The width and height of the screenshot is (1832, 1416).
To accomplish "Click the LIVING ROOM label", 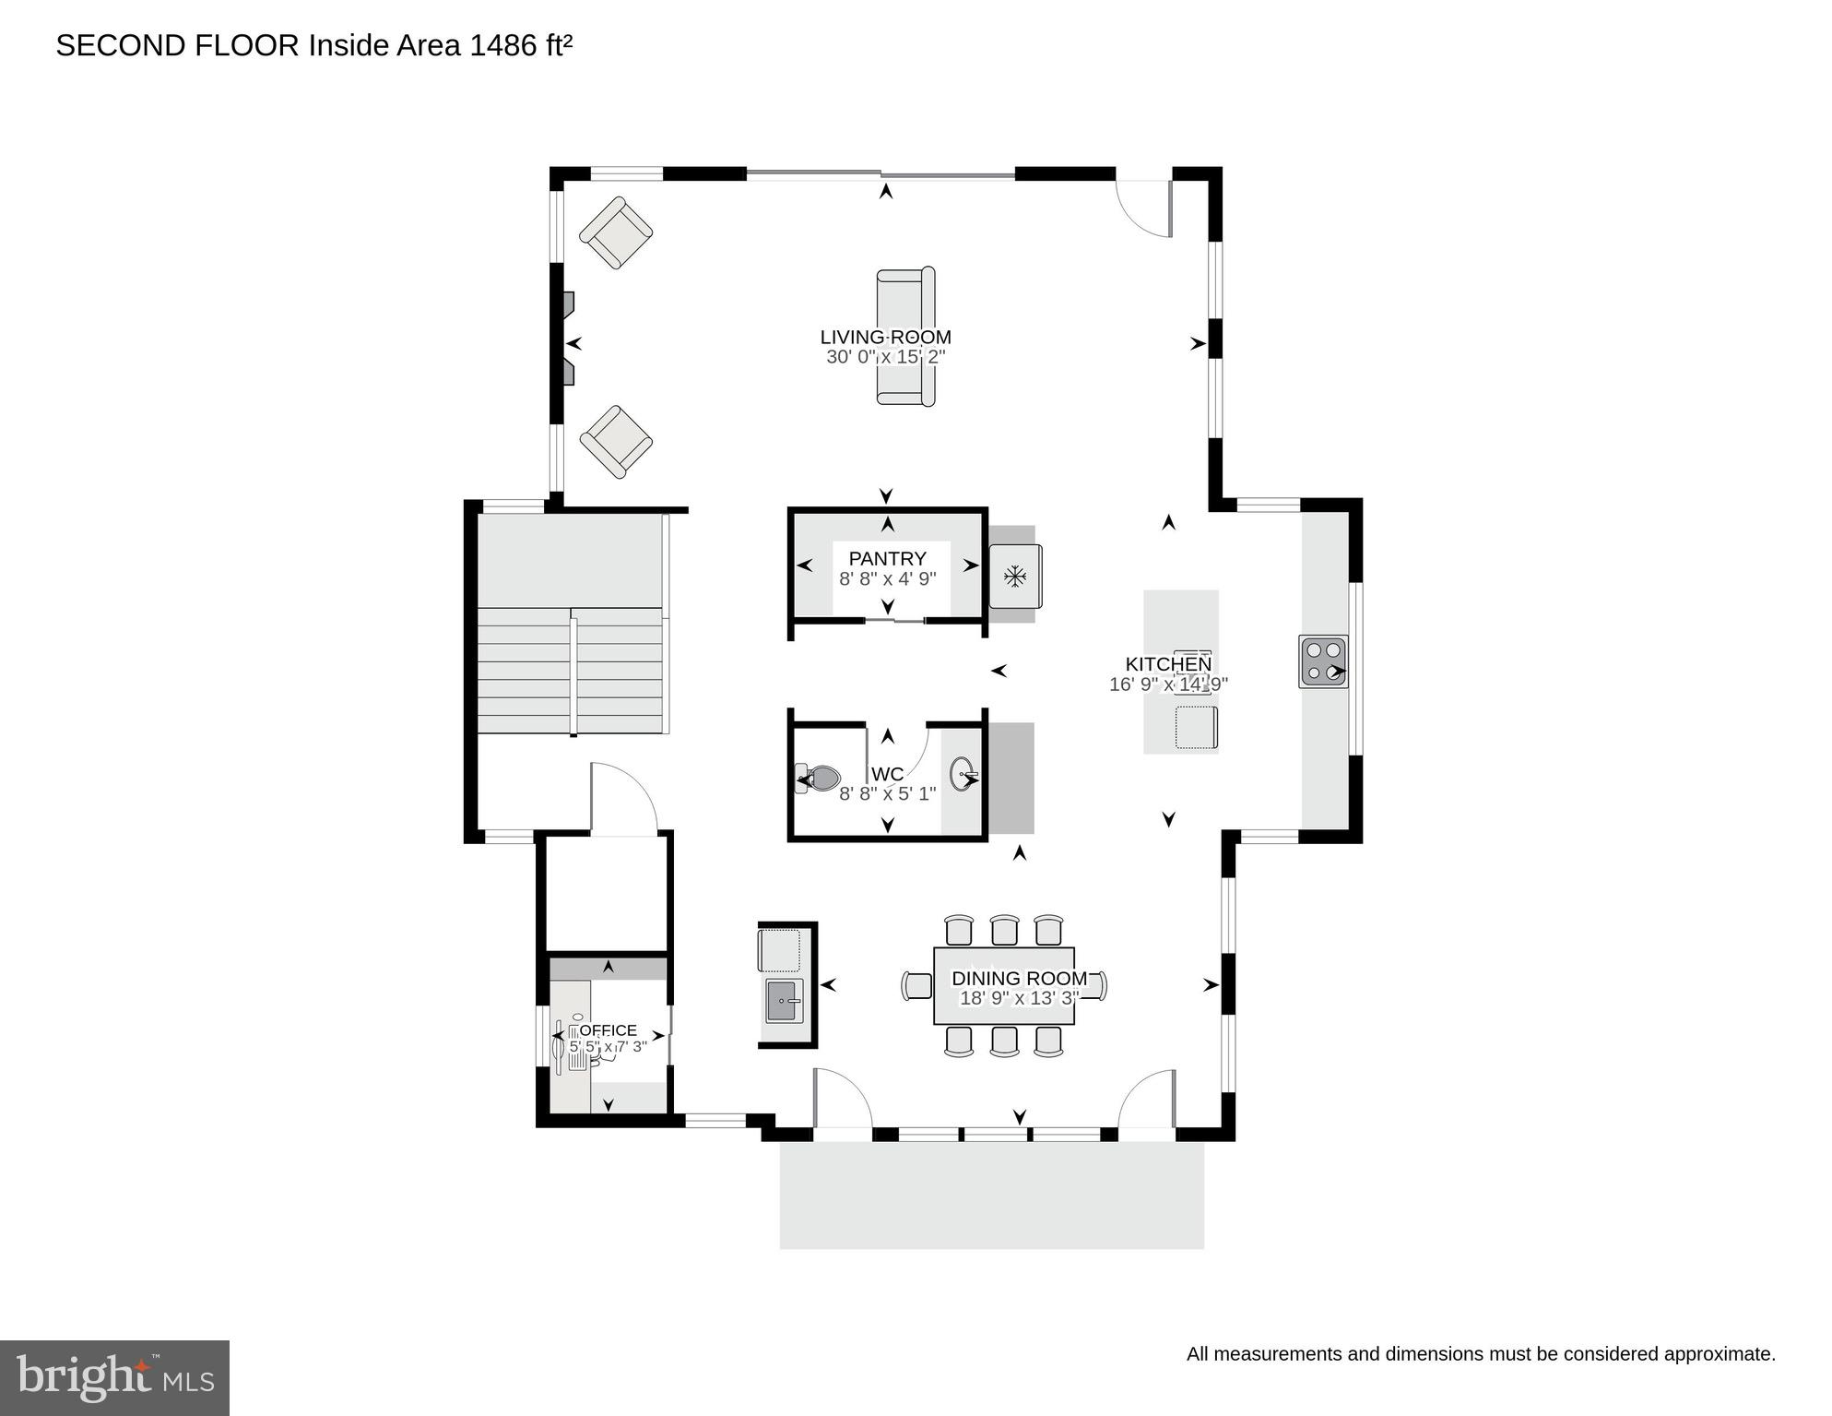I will point(885,338).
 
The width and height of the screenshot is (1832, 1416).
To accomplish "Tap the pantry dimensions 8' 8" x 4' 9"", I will point(887,579).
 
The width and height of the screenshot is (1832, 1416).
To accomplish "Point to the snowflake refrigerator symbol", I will point(1014,577).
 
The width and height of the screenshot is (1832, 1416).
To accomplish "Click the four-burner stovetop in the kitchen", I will point(1323,661).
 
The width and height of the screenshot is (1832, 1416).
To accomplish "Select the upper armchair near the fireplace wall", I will point(616,232).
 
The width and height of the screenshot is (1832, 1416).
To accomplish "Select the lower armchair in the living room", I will point(616,442).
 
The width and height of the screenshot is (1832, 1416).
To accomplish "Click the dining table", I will point(1004,986).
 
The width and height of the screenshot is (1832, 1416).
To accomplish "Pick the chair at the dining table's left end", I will point(917,986).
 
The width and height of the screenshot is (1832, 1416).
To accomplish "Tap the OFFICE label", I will point(608,1030).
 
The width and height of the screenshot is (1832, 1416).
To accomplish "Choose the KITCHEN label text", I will point(1168,664).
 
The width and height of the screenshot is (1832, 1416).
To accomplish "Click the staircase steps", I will point(570,671).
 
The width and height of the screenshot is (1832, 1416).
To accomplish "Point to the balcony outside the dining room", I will point(991,1196).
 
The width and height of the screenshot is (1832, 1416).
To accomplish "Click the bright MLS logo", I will point(114,1377).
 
